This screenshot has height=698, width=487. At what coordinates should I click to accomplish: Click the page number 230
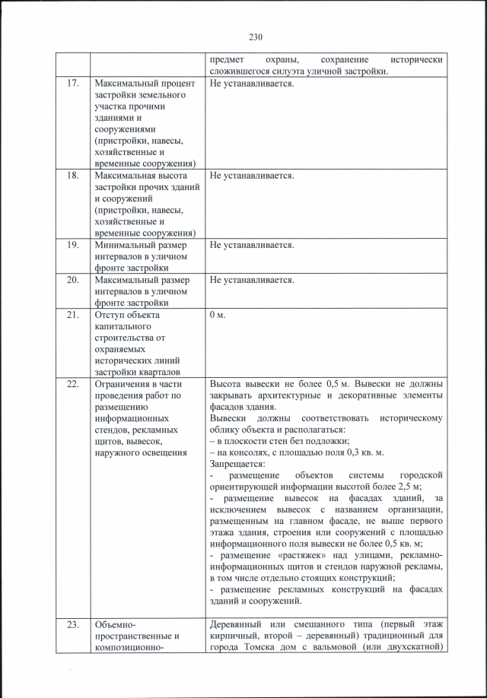coord(255,36)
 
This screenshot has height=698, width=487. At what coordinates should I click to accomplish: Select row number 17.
coord(73,83)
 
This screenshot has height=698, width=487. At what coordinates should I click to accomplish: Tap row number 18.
coord(73,176)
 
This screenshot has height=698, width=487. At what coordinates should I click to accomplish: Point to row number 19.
coord(73,246)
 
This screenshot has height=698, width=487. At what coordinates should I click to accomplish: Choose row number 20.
coord(73,281)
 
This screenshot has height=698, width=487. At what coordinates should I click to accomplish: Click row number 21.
coord(73,316)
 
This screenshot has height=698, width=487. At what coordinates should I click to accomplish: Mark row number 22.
coord(73,385)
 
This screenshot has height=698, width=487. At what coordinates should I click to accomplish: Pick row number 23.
coord(73,625)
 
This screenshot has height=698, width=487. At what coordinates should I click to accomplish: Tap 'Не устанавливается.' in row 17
coord(251,83)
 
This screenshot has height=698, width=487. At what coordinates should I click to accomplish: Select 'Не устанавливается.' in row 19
coord(251,246)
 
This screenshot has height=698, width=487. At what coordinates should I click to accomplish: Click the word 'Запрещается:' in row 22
coord(237,464)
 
